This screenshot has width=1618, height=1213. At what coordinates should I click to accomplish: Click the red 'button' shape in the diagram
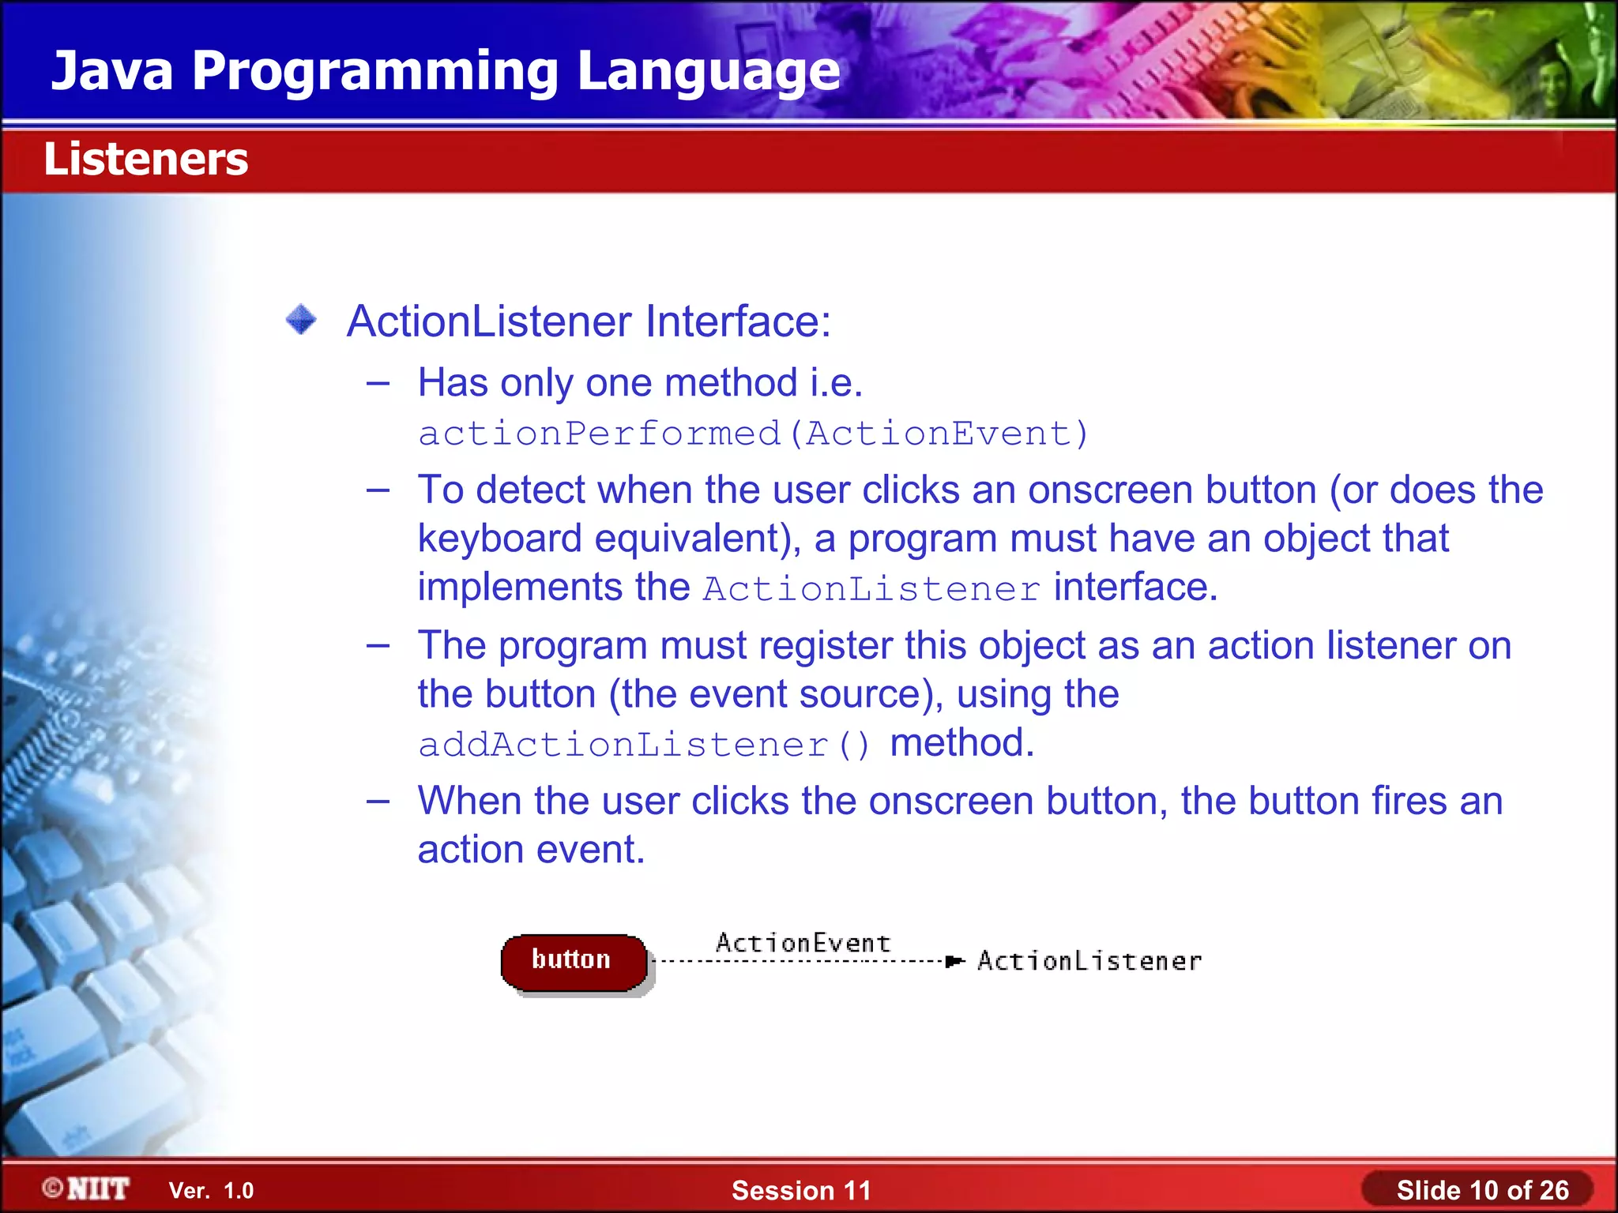tap(573, 961)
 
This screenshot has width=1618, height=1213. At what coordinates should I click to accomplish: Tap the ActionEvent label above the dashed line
tap(803, 942)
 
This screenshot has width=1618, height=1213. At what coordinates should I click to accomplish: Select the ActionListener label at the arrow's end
tap(1089, 961)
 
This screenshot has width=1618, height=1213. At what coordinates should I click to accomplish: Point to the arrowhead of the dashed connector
tap(954, 961)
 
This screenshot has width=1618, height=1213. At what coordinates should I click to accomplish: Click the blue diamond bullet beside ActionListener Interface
tap(301, 320)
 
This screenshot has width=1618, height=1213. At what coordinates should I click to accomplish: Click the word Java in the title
tap(112, 71)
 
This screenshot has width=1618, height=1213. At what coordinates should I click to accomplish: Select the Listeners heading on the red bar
tap(145, 159)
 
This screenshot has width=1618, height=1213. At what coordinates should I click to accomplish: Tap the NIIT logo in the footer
tap(87, 1189)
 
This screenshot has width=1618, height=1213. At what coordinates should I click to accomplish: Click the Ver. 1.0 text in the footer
tap(211, 1190)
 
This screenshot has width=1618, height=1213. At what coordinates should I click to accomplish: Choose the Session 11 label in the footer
tap(800, 1190)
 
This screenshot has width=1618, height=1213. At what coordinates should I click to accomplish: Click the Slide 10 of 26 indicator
tap(1481, 1190)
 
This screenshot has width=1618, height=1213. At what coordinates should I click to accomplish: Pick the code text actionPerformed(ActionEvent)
tap(753, 434)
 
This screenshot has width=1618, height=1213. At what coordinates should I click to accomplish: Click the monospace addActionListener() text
tap(644, 745)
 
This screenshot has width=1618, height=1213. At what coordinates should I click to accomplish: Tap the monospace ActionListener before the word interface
tap(871, 589)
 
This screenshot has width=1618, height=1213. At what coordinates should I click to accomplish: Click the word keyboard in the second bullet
tap(499, 539)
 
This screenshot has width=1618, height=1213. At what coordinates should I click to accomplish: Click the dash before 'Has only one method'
tap(378, 384)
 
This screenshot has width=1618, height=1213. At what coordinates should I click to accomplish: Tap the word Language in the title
tap(708, 71)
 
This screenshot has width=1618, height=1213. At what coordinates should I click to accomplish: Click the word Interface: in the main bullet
tap(738, 321)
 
